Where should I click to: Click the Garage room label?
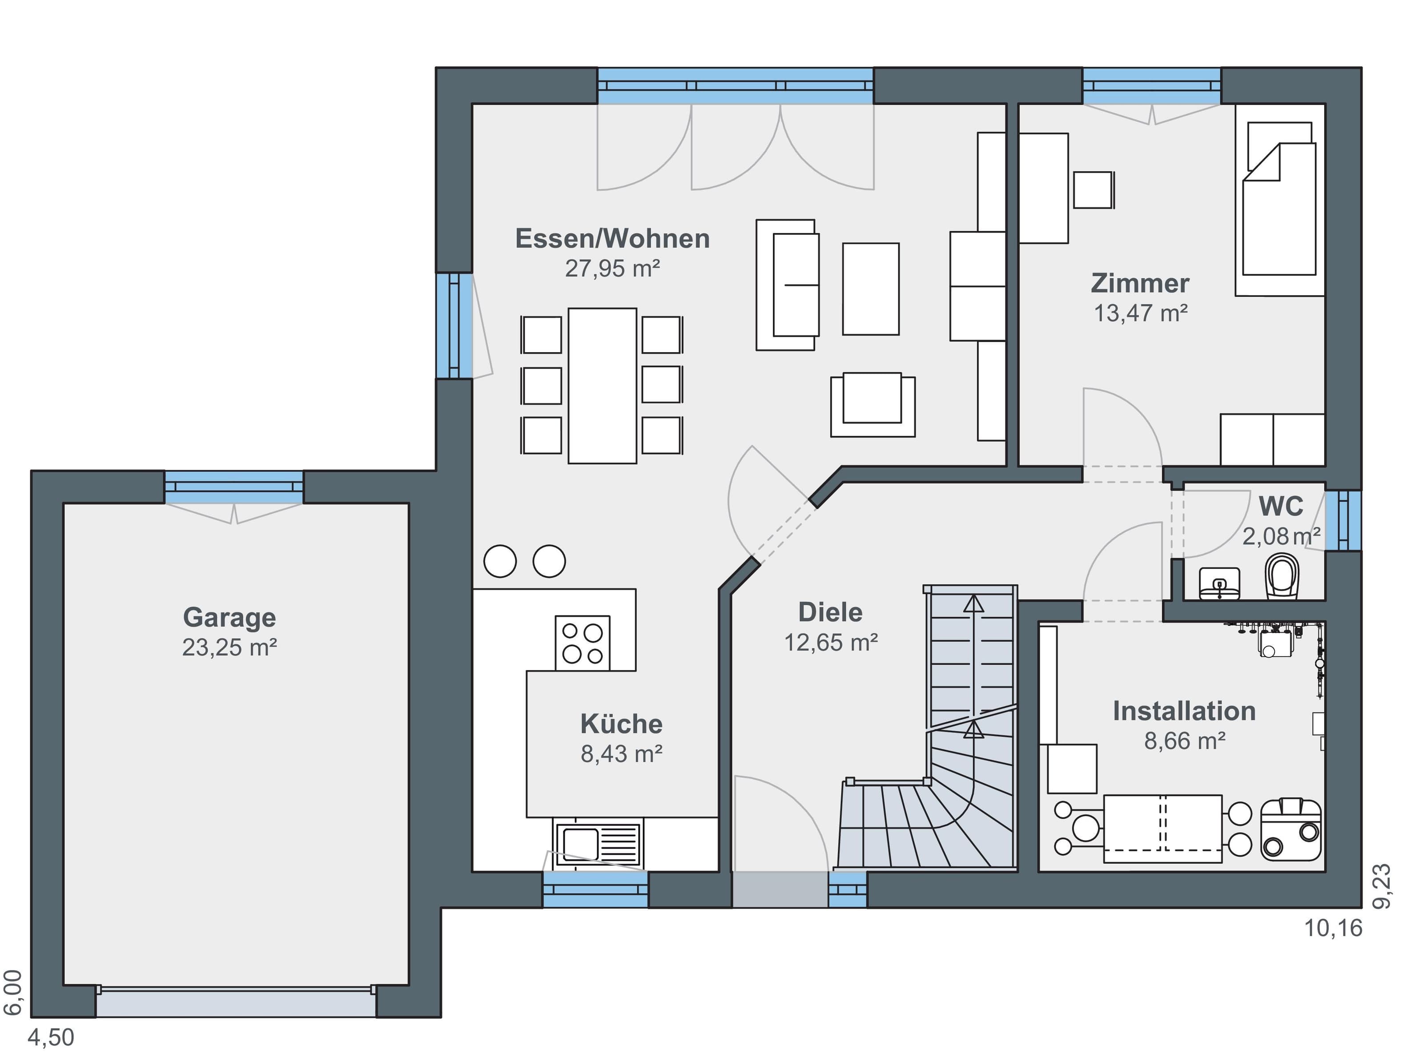pyautogui.click(x=229, y=618)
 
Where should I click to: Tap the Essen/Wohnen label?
pyautogui.click(x=612, y=239)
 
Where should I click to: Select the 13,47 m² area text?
pyautogui.click(x=1141, y=313)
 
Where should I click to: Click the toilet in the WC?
pyautogui.click(x=1282, y=576)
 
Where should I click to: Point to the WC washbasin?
pyautogui.click(x=1219, y=583)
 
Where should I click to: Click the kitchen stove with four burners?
pyautogui.click(x=583, y=643)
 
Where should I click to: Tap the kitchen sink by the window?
pyautogui.click(x=598, y=844)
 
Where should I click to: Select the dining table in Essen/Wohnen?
pyautogui.click(x=602, y=386)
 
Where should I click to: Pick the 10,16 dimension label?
pyautogui.click(x=1333, y=928)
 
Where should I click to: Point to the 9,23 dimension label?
pyautogui.click(x=1382, y=886)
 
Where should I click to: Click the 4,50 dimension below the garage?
pyautogui.click(x=51, y=1038)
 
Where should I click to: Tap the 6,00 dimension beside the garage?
pyautogui.click(x=13, y=993)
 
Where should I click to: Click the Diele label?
pyautogui.click(x=831, y=612)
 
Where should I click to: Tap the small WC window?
pyautogui.click(x=1343, y=520)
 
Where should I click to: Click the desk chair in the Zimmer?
pyautogui.click(x=1094, y=189)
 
